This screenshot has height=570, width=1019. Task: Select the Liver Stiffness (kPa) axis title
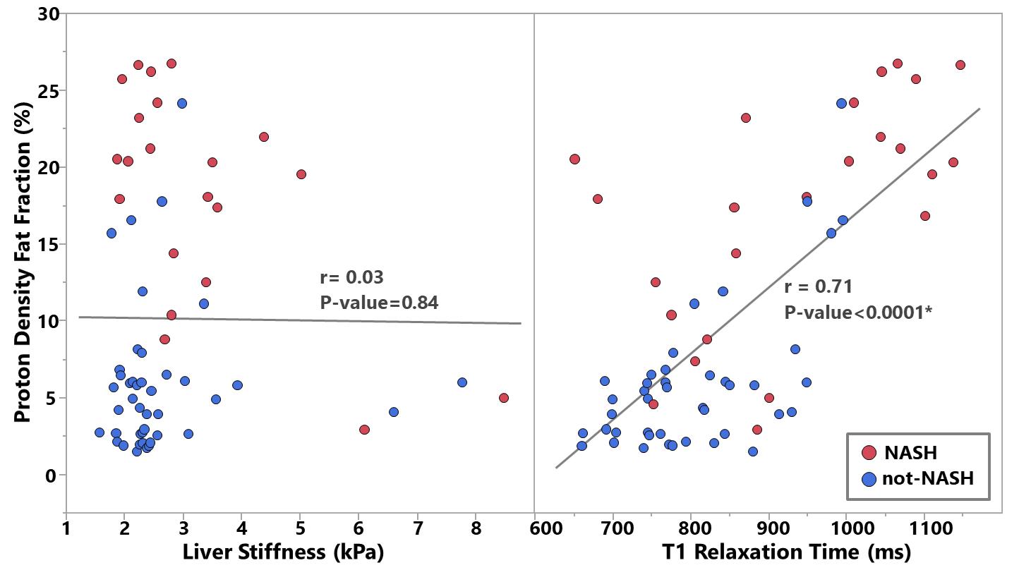pyautogui.click(x=283, y=552)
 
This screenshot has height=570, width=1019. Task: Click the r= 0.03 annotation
pyautogui.click(x=351, y=277)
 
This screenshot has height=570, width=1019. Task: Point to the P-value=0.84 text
pyautogui.click(x=379, y=303)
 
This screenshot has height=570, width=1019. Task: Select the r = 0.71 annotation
pyautogui.click(x=818, y=286)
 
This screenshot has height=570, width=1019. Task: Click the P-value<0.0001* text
pyautogui.click(x=858, y=312)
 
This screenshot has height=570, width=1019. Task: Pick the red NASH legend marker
pyautogui.click(x=870, y=452)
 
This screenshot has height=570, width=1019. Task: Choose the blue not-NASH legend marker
pyautogui.click(x=870, y=478)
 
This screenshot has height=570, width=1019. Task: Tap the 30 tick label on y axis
pyautogui.click(x=47, y=14)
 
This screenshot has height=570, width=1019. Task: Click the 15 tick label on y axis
pyautogui.click(x=47, y=245)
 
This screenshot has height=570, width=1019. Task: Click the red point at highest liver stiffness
pyautogui.click(x=503, y=398)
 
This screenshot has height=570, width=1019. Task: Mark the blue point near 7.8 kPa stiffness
pyautogui.click(x=462, y=382)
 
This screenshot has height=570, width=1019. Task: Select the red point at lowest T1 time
pyautogui.click(x=574, y=159)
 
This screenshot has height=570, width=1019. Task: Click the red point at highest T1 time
pyautogui.click(x=960, y=65)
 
